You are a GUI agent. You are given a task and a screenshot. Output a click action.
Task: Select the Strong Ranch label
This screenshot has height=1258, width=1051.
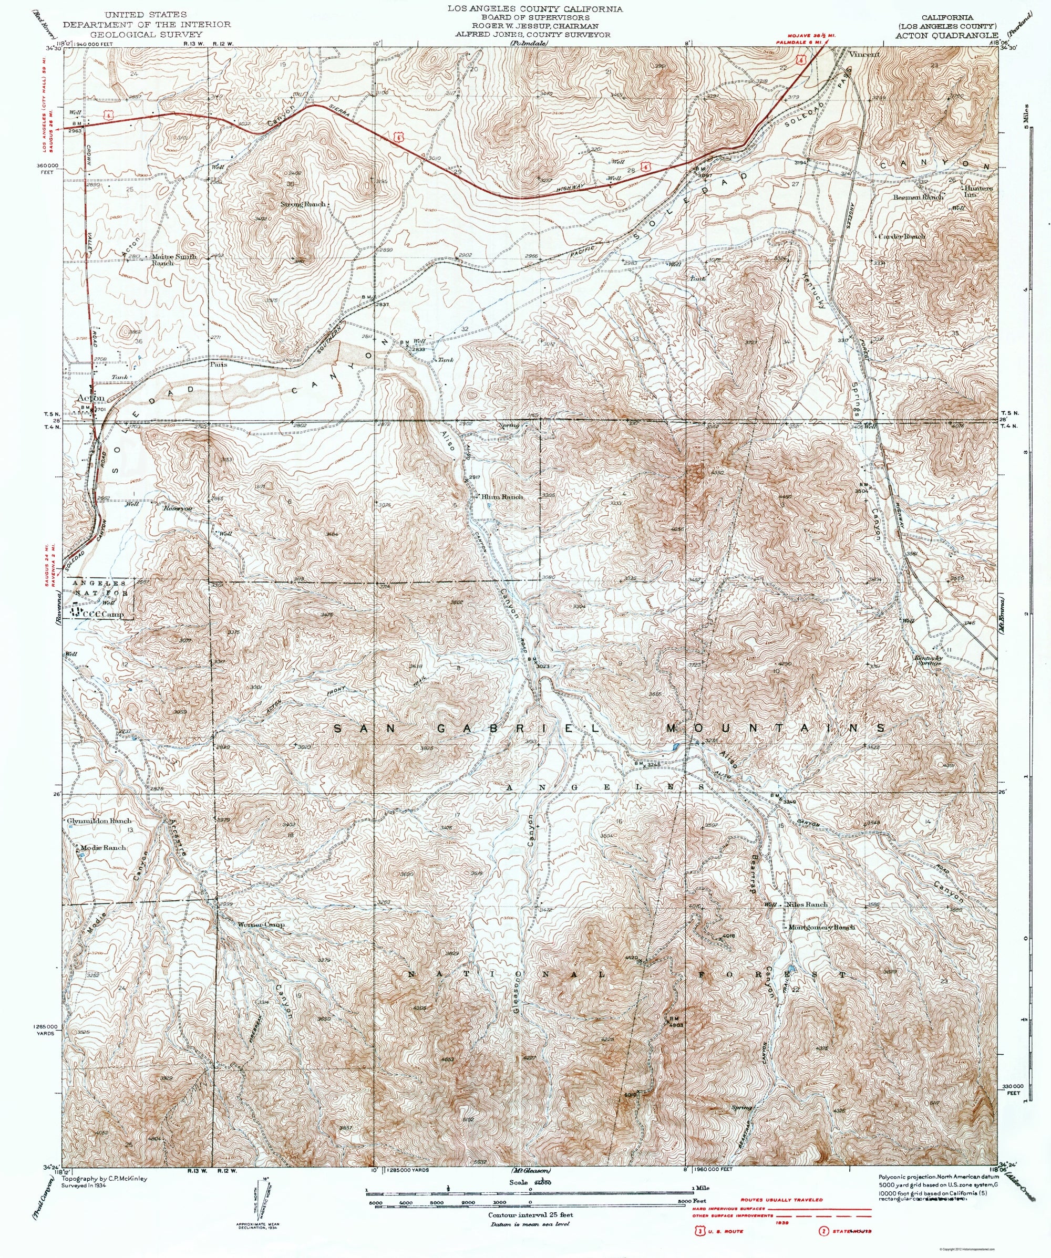point(303,204)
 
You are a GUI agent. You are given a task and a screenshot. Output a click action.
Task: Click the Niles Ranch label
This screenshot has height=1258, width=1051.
point(808,921)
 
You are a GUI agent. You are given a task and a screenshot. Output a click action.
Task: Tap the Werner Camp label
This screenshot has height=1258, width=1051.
point(261,941)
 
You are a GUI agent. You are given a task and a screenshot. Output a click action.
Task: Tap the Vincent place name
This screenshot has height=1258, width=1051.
point(863,54)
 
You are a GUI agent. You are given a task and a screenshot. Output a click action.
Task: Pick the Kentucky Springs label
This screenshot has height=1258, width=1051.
point(928,660)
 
